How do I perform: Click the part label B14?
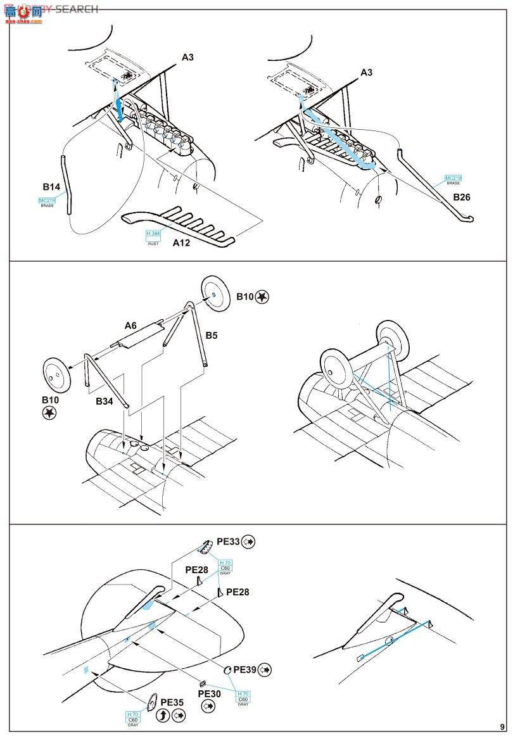(51, 187)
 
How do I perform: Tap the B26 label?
(461, 197)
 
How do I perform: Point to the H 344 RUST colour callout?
(152, 236)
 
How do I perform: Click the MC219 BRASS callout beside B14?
(47, 202)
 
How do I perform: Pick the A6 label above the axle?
(130, 325)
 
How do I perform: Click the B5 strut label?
(211, 335)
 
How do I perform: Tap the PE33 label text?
(228, 541)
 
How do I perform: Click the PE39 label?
(245, 669)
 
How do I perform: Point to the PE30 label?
(210, 693)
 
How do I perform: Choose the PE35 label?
(172, 702)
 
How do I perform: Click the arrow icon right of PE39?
(265, 669)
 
